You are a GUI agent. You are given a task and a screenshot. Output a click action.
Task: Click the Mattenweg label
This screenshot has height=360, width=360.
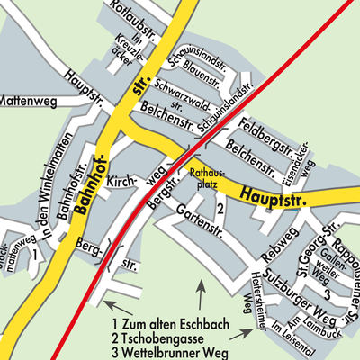[28, 102]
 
